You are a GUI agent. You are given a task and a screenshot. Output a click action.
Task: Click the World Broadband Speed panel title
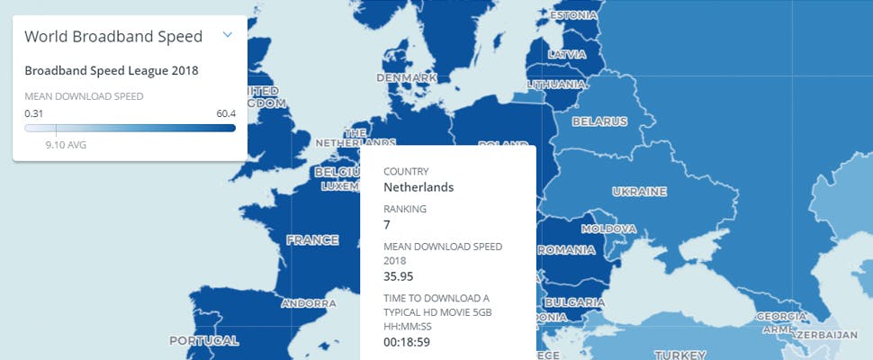[113, 36]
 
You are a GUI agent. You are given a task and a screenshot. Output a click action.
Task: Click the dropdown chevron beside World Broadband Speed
[228, 35]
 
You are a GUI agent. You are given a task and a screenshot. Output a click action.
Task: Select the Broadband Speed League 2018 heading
[112, 70]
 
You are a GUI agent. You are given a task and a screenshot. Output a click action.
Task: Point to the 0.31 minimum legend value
[34, 113]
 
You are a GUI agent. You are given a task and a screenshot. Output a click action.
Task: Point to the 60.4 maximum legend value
[225, 113]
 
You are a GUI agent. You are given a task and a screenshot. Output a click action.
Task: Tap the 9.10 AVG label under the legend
[66, 144]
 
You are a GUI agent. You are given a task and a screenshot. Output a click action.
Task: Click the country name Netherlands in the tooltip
[418, 188]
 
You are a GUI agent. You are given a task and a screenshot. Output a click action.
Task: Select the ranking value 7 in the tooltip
[387, 225]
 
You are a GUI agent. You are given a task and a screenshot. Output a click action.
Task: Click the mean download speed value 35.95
[400, 276]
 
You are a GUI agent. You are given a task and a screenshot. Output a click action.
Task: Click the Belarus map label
[598, 121]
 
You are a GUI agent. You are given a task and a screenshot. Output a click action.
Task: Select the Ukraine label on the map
[639, 192]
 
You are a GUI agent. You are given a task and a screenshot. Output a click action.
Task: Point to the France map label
[312, 240]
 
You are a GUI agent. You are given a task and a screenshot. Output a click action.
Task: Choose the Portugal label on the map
[204, 341]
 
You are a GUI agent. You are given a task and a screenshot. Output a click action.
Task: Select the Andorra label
[309, 303]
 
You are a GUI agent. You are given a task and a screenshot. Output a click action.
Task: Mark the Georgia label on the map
[780, 317]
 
